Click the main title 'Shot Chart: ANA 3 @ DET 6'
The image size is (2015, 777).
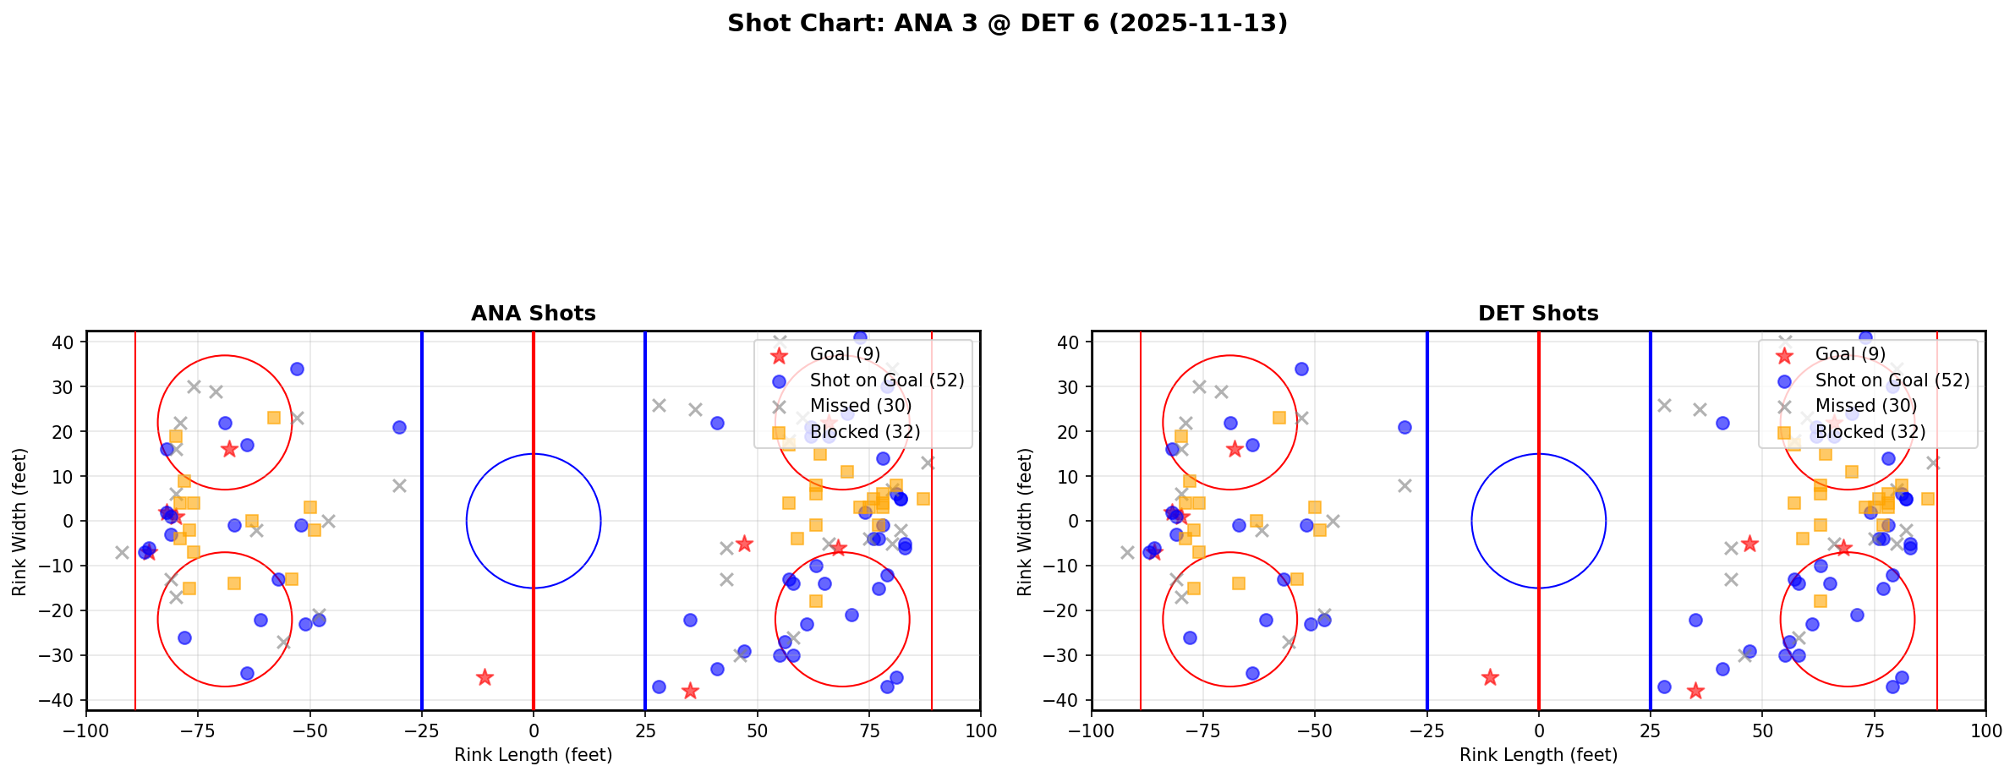click(x=1007, y=23)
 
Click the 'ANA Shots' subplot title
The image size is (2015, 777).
click(x=533, y=314)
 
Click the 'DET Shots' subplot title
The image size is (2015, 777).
click(x=1538, y=314)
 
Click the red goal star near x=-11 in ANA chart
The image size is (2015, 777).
click(x=485, y=677)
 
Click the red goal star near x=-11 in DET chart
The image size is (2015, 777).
click(x=1490, y=677)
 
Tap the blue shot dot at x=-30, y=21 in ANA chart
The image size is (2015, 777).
click(x=399, y=427)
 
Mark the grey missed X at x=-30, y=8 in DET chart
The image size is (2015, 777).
click(x=1404, y=485)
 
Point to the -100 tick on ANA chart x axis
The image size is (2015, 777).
click(x=86, y=730)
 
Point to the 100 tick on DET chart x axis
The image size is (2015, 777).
click(x=1985, y=730)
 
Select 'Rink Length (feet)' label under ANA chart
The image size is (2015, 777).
click(x=533, y=755)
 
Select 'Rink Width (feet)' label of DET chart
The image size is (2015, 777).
click(x=1025, y=522)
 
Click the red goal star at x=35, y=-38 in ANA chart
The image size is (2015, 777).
click(x=690, y=691)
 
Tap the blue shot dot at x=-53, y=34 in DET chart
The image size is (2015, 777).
click(x=1301, y=369)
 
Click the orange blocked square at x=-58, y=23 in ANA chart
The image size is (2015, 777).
click(x=274, y=418)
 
